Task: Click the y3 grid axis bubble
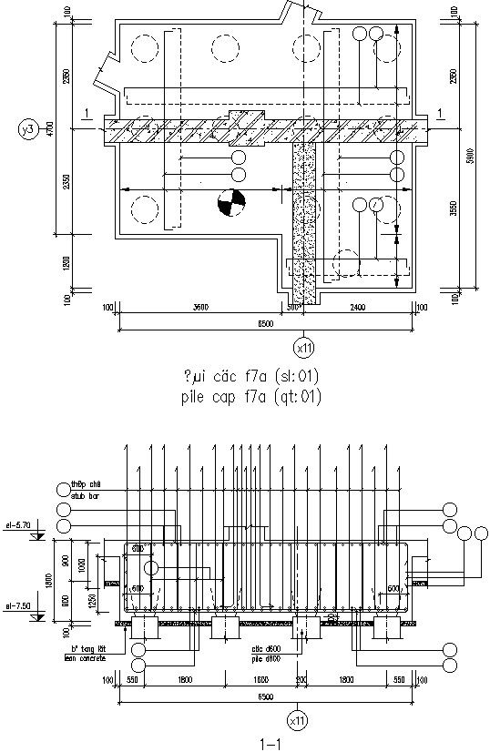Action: click(x=28, y=131)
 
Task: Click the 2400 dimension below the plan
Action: click(x=356, y=308)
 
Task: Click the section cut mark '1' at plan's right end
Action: click(x=440, y=113)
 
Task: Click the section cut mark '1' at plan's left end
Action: click(x=85, y=113)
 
